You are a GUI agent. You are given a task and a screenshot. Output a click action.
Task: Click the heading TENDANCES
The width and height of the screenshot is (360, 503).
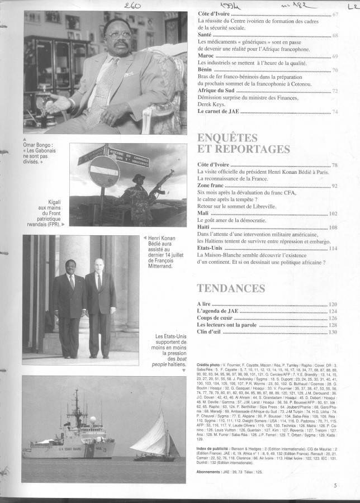[231, 288]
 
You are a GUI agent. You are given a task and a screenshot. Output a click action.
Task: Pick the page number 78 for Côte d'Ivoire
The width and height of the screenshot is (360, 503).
[334, 165]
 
